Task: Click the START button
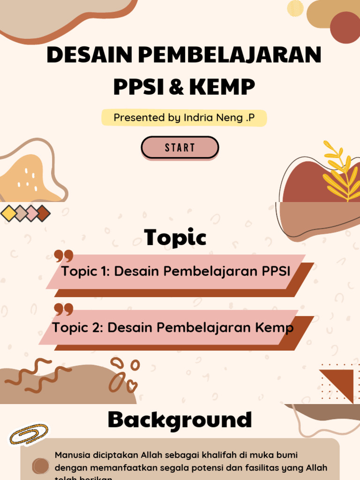180,148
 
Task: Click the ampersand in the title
177,86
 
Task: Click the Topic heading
175,237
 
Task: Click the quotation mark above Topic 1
64,256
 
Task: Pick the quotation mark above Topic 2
64,309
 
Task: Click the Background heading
180,420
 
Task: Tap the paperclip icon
29,435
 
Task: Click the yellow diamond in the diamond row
8,213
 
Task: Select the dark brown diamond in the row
43,213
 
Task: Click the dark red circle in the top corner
345,27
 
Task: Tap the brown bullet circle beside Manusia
41,466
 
